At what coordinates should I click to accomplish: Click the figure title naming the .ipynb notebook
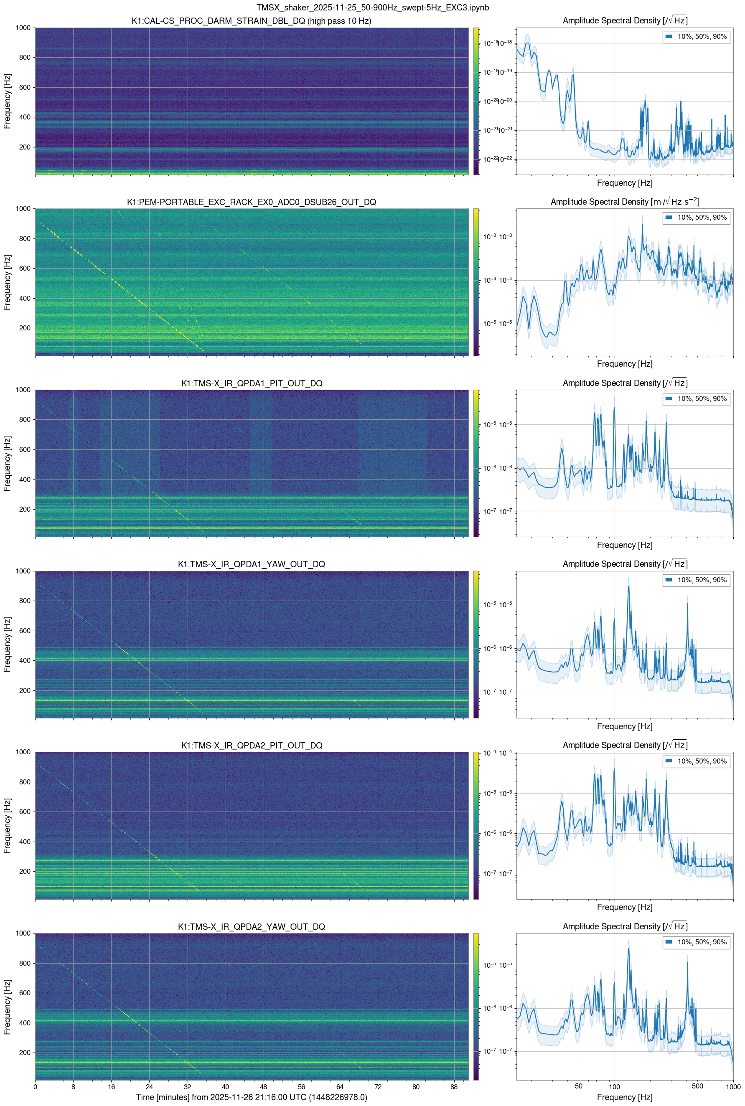pyautogui.click(x=373, y=8)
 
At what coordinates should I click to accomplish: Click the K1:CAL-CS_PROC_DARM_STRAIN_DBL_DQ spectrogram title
pyautogui.click(x=252, y=21)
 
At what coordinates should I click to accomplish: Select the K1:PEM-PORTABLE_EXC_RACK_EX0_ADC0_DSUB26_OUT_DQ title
pyautogui.click(x=252, y=202)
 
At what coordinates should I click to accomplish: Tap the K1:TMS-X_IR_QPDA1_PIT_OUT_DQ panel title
pyautogui.click(x=252, y=383)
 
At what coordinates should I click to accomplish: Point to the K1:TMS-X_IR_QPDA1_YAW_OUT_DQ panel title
pyautogui.click(x=252, y=564)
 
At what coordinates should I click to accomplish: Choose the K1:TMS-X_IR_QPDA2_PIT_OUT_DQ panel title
pyautogui.click(x=252, y=746)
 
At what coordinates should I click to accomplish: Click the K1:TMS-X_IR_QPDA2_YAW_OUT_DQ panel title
pyautogui.click(x=252, y=926)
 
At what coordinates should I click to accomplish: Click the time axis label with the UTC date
pyautogui.click(x=252, y=1097)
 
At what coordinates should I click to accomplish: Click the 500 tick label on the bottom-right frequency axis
pyautogui.click(x=697, y=1086)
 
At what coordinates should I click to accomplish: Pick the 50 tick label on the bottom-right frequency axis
pyautogui.click(x=578, y=1086)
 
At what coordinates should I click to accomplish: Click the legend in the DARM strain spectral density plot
pyautogui.click(x=696, y=37)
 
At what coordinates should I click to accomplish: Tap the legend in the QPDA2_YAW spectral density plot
pyautogui.click(x=696, y=942)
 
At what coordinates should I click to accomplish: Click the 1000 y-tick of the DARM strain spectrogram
pyautogui.click(x=23, y=28)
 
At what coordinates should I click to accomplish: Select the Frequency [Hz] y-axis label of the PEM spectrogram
pyautogui.click(x=8, y=282)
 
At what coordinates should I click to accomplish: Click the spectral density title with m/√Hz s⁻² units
pyautogui.click(x=624, y=202)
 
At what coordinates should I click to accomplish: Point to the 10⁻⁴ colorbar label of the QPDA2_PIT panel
pyautogui.click(x=490, y=753)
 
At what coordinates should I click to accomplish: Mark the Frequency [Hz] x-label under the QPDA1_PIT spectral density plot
pyautogui.click(x=624, y=545)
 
